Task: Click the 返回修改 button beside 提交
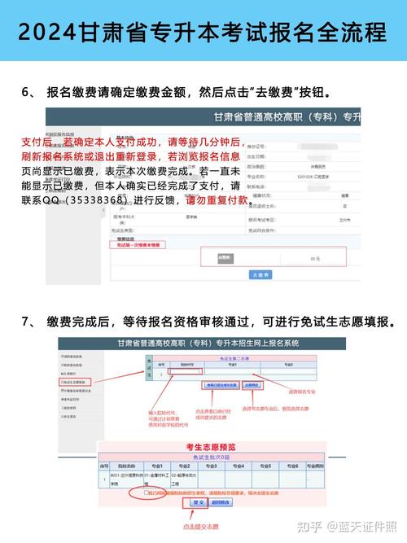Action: [221, 502]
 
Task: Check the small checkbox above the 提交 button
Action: [147, 493]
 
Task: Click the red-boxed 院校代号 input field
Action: [186, 372]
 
